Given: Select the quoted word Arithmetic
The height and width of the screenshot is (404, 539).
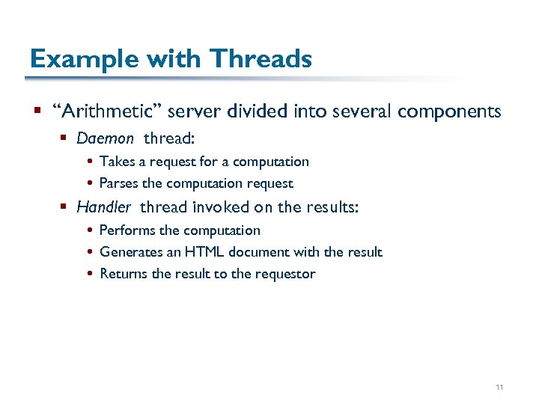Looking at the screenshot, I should click(x=108, y=111).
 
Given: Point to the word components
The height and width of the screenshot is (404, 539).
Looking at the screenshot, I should click(x=449, y=112).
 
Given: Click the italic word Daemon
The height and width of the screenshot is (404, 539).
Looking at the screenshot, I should click(x=105, y=138).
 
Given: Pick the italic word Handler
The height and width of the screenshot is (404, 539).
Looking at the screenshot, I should click(x=103, y=206).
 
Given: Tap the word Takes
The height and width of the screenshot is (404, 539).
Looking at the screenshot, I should click(x=117, y=162).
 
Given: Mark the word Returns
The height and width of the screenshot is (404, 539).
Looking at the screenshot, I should click(x=124, y=274).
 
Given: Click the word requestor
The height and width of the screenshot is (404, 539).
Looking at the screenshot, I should click(x=286, y=274).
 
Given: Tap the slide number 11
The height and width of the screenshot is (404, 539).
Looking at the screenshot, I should click(x=499, y=388).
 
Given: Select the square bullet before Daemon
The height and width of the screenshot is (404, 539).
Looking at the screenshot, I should click(x=65, y=138).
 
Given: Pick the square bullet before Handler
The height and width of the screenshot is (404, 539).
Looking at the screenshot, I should click(x=65, y=207).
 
